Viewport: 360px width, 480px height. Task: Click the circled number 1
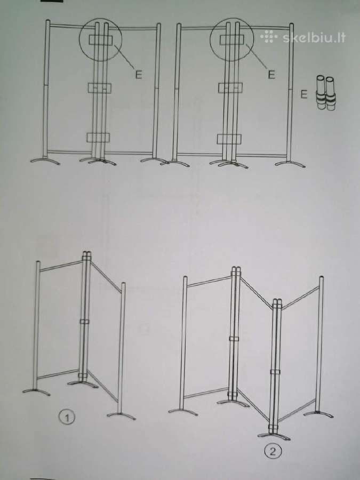[67, 418]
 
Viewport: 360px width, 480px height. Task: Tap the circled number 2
[272, 452]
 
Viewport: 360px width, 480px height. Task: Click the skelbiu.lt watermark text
[314, 38]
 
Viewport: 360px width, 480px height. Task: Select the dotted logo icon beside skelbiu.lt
[268, 37]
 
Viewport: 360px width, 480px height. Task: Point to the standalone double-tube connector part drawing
[325, 93]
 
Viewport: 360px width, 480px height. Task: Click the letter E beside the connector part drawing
[303, 94]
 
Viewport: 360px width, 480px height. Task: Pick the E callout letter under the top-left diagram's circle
[139, 75]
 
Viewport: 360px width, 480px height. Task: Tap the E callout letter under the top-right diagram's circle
[271, 74]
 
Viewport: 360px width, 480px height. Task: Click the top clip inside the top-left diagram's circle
[101, 40]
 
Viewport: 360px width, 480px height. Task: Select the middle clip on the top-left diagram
[100, 88]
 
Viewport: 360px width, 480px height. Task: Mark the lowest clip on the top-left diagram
[98, 138]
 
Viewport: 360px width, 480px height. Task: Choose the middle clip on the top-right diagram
[230, 88]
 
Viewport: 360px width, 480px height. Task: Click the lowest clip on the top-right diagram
[229, 139]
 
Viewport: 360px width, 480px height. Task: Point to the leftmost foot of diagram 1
[36, 391]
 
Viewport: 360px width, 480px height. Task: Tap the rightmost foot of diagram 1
[121, 415]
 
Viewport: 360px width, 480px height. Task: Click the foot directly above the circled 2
[274, 435]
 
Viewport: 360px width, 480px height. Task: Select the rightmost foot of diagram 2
[318, 414]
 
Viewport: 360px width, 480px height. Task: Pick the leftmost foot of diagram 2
[183, 411]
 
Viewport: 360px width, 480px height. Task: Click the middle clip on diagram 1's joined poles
[84, 322]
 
